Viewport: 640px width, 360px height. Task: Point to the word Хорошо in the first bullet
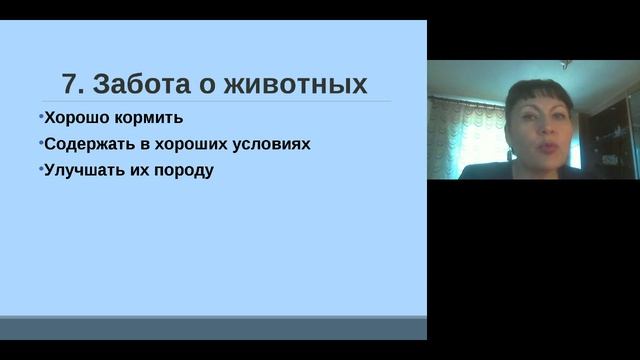[x=72, y=118]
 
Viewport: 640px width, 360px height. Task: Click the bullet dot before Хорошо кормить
[x=41, y=117]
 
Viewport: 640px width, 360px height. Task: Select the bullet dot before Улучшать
[x=41, y=168]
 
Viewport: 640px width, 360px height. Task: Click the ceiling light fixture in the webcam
[x=565, y=65]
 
